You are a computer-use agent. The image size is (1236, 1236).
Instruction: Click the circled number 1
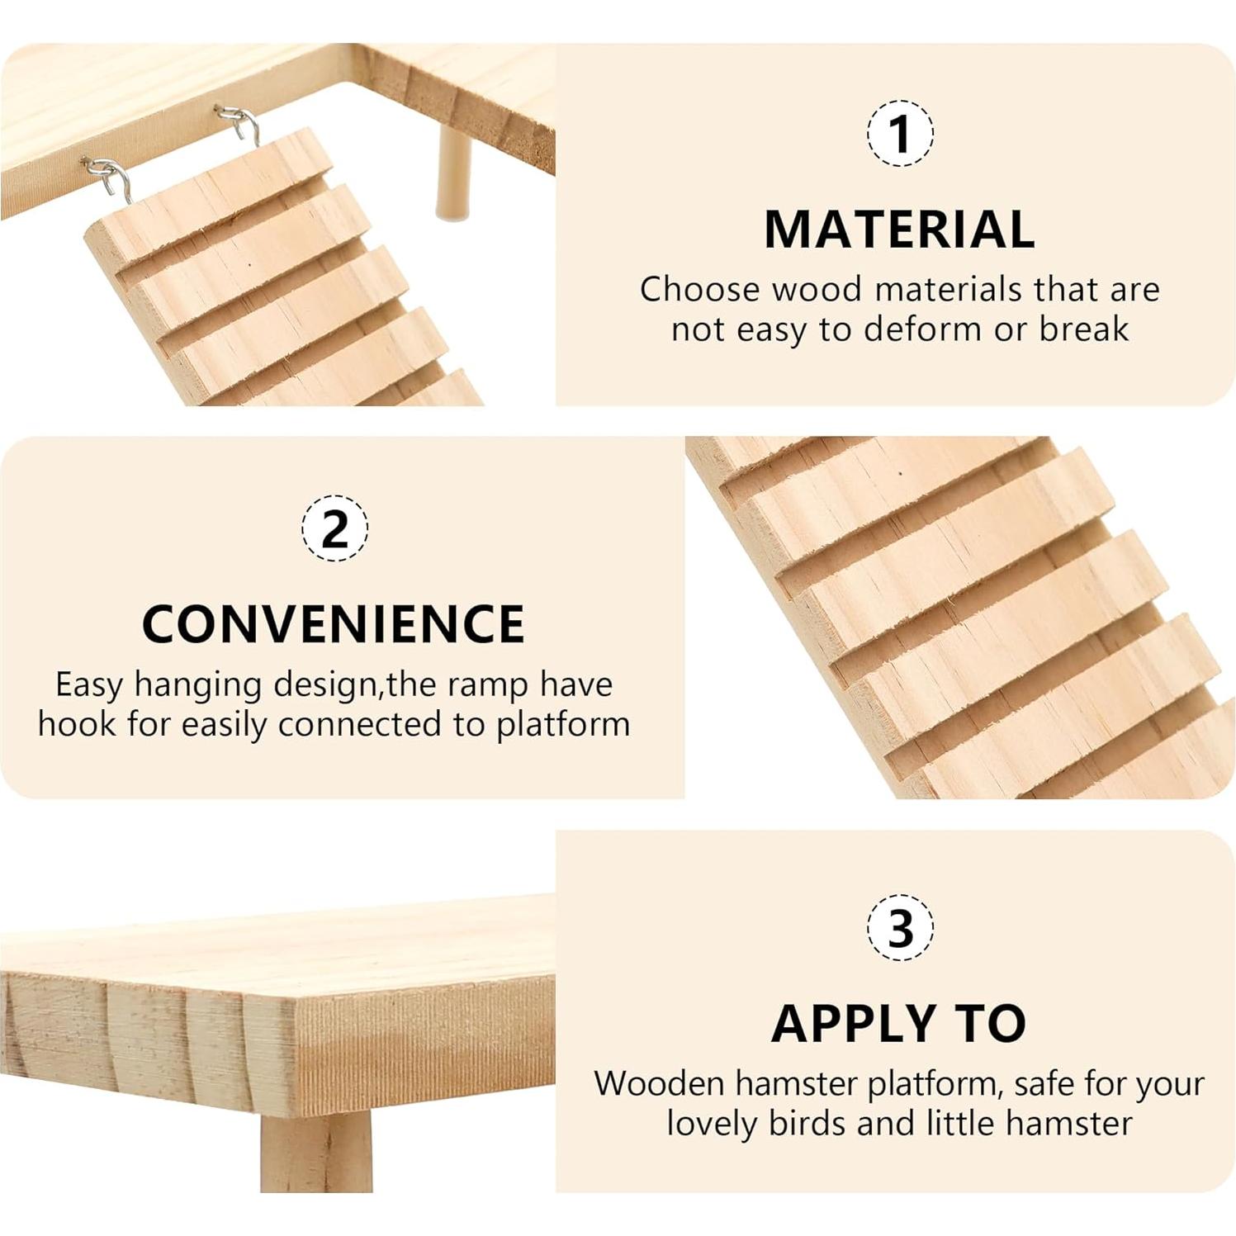[x=900, y=133]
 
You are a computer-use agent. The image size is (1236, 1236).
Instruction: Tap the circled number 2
[x=334, y=528]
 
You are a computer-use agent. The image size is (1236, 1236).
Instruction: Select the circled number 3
[x=900, y=926]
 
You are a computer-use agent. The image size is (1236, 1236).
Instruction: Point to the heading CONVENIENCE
[x=334, y=623]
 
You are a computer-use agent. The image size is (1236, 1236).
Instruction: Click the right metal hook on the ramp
[x=239, y=124]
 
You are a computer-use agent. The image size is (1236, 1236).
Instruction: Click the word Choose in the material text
[x=699, y=289]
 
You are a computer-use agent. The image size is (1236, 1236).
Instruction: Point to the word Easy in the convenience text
[x=89, y=684]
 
